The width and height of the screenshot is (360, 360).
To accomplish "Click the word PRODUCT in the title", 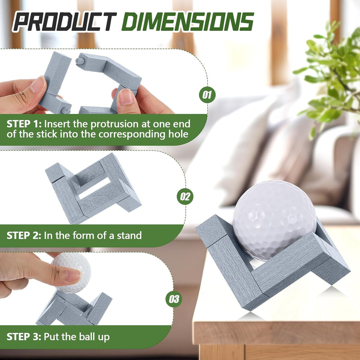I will point(65,22).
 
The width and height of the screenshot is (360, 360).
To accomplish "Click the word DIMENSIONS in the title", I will point(187,22).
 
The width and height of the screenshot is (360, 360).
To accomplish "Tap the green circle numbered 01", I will point(207,95).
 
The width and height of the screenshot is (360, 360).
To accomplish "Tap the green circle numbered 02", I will point(185,196).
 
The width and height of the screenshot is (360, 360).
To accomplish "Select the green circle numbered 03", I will point(174,299).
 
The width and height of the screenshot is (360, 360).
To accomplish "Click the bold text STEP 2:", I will point(24,235).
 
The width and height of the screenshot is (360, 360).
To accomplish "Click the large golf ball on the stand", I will point(274,218).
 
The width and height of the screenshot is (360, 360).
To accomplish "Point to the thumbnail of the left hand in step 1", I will point(38,85).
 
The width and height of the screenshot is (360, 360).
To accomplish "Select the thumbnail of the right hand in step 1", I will point(126,97).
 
